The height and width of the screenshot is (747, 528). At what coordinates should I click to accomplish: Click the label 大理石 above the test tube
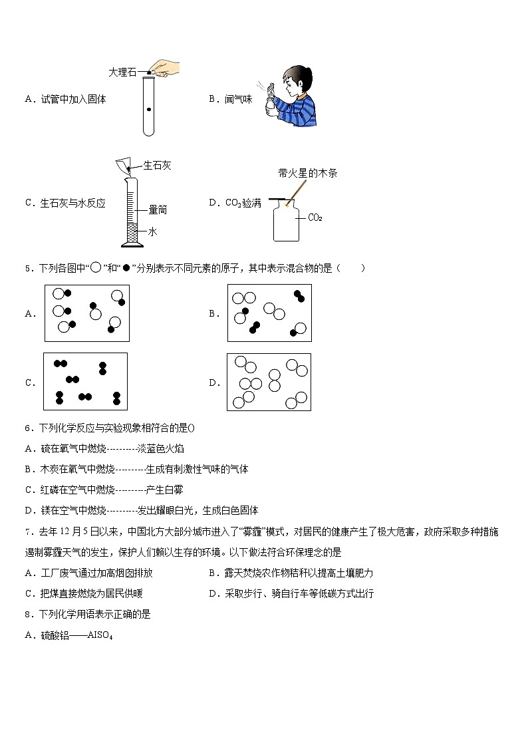(x=122, y=73)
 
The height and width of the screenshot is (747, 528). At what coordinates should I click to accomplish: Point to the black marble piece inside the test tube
(x=149, y=109)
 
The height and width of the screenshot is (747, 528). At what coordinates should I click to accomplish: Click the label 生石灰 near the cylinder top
(x=157, y=166)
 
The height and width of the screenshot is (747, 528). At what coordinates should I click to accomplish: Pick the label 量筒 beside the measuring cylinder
(x=157, y=210)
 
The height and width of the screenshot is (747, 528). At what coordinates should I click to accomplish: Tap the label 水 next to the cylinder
(x=152, y=231)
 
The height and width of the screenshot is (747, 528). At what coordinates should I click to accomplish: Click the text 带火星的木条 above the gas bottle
(x=308, y=174)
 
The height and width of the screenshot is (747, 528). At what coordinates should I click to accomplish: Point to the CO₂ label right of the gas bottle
(x=315, y=218)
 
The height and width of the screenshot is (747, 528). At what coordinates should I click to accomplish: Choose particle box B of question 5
(x=269, y=313)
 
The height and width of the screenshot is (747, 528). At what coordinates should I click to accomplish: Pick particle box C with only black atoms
(x=86, y=382)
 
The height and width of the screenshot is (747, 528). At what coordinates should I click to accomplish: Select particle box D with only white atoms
(x=269, y=382)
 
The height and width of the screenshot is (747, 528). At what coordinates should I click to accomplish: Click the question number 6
(x=28, y=428)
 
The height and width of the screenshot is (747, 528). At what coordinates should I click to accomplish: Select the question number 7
(x=28, y=531)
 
